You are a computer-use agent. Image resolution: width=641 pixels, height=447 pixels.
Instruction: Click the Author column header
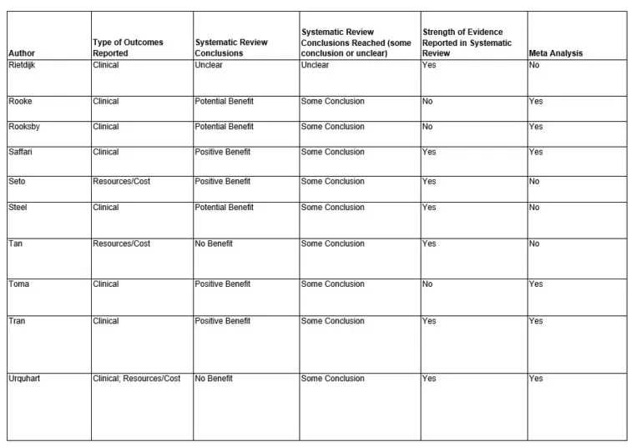pos(21,53)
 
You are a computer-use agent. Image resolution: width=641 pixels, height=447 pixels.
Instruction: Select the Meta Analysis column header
pos(556,53)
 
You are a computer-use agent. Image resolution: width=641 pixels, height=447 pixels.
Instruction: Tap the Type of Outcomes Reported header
pos(128,48)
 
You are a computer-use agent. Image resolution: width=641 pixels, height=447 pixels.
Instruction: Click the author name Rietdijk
pos(23,65)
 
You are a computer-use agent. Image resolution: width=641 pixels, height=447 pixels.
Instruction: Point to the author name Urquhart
pos(25,379)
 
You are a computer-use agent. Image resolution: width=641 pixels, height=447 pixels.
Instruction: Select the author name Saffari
pos(22,152)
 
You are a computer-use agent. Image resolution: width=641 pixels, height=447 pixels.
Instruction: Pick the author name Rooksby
pos(25,127)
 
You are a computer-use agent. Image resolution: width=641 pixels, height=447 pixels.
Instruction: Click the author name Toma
pos(18,284)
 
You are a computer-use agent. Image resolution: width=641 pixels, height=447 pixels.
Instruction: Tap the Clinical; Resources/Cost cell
pos(136,379)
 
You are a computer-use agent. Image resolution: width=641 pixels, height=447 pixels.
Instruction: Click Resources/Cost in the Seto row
pos(121,181)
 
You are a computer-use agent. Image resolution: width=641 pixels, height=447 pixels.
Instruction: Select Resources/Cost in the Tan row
pos(121,244)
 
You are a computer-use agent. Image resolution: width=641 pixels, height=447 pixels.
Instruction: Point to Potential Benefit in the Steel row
pos(224,207)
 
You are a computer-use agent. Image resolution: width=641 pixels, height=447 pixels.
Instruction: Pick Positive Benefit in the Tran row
pos(222,321)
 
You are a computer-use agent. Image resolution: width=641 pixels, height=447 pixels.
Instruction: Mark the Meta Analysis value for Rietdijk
pos(534,65)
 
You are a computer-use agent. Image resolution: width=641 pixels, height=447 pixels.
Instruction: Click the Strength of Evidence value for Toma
pos(427,284)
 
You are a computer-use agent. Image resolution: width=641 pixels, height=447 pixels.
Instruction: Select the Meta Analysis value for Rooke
pos(535,102)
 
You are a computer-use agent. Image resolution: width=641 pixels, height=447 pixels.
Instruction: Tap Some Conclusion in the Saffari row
pos(332,152)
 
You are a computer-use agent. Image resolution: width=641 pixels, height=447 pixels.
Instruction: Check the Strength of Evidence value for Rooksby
pos(427,127)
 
